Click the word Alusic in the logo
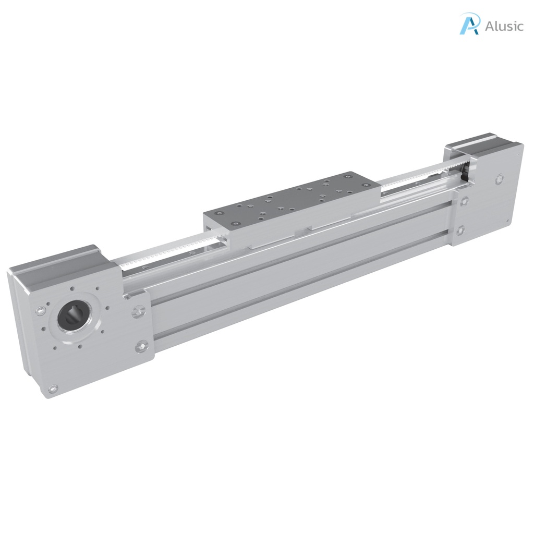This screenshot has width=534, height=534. [503, 26]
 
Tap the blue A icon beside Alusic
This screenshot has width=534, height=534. [469, 25]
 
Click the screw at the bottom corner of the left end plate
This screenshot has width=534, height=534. [52, 389]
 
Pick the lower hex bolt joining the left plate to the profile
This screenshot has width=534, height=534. [141, 346]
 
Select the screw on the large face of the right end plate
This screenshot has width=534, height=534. [500, 179]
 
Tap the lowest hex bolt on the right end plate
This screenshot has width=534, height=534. [460, 230]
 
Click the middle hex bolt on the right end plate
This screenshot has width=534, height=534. [464, 200]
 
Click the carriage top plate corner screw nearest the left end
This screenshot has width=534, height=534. [220, 214]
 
